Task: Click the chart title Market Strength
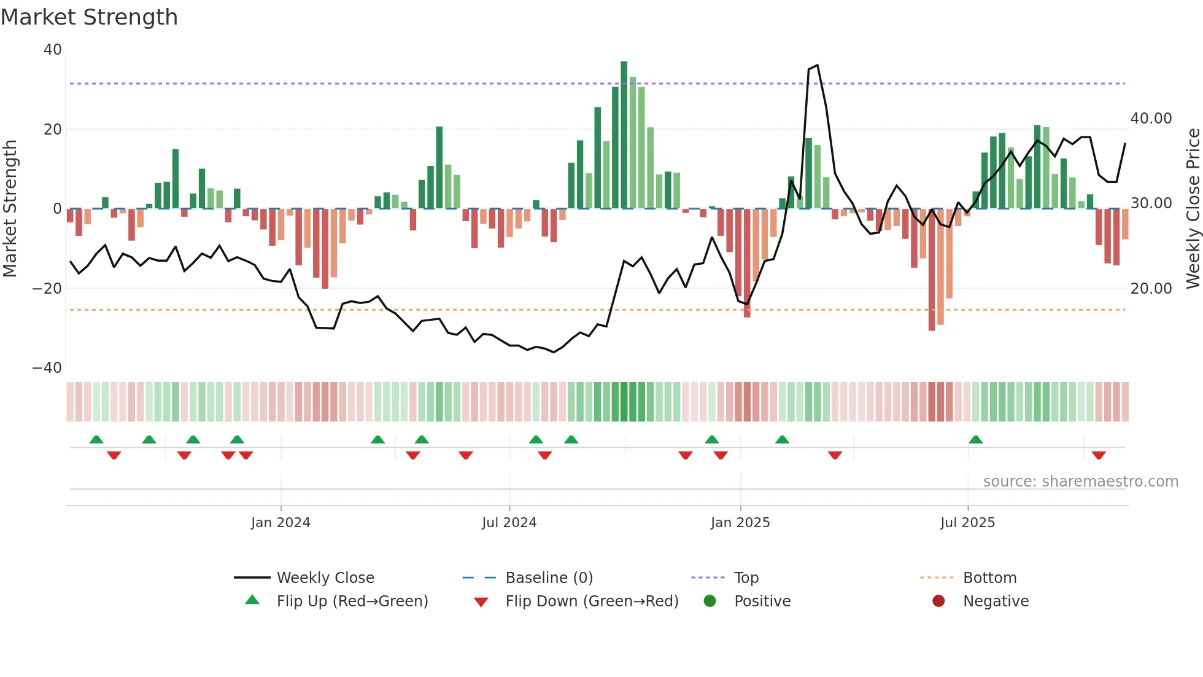(89, 17)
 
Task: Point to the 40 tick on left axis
(53, 50)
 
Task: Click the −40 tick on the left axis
(47, 368)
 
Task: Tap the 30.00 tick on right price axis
(1151, 203)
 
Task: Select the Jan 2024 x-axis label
(280, 523)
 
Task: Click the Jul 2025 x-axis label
(967, 523)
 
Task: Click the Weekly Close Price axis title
(1193, 209)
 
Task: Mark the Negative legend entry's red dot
(938, 601)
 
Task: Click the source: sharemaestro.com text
(1080, 482)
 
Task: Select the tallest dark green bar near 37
(624, 135)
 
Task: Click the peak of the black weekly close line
(818, 66)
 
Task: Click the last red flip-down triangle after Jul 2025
(1099, 455)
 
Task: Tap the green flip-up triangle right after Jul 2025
(975, 439)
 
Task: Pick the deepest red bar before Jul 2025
(932, 270)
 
